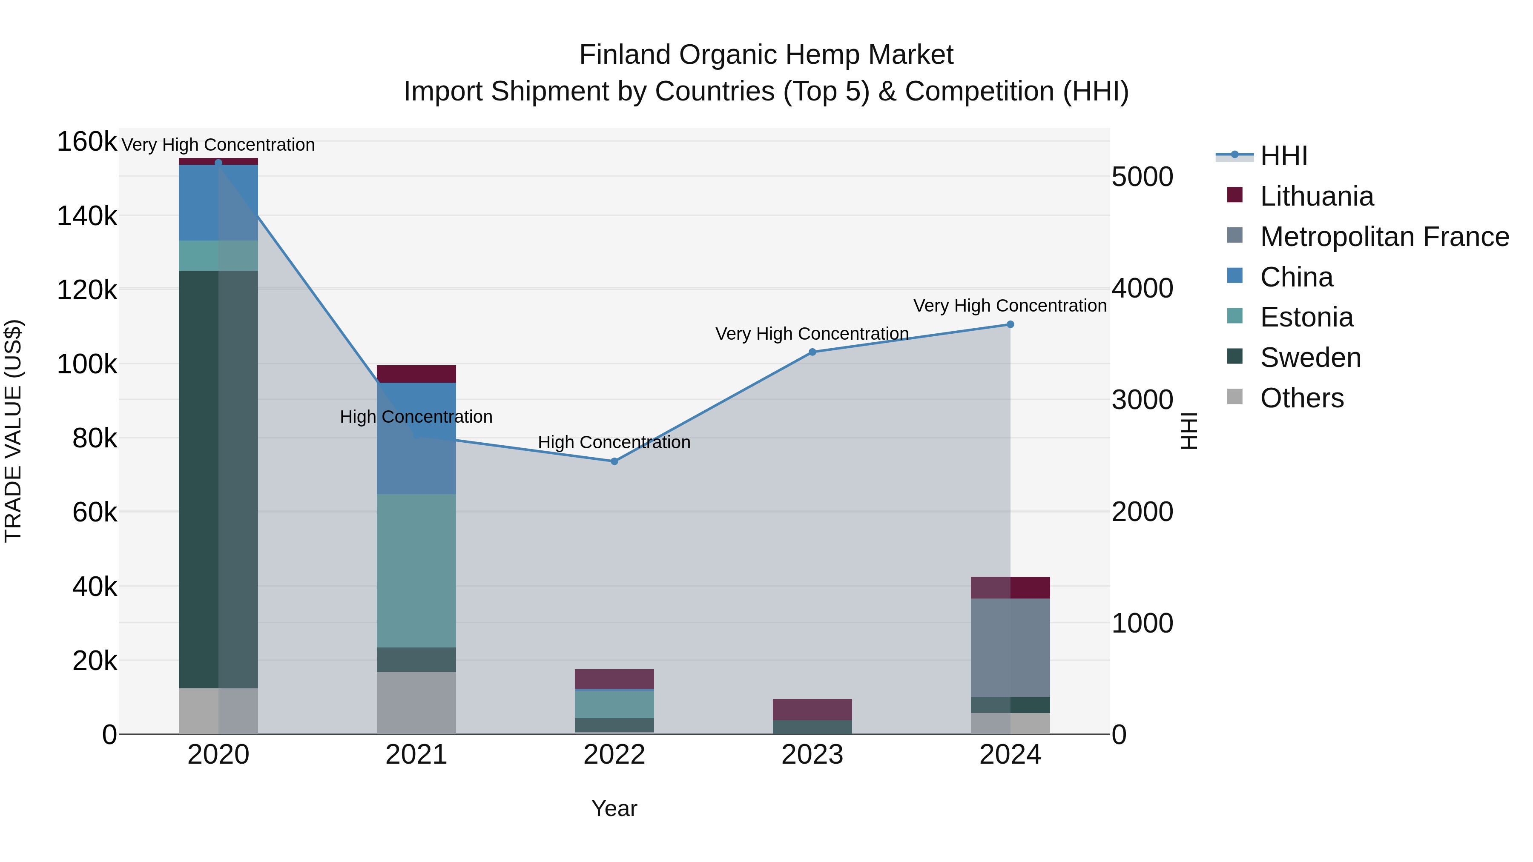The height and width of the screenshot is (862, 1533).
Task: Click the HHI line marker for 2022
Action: (614, 461)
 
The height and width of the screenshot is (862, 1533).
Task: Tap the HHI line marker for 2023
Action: (812, 352)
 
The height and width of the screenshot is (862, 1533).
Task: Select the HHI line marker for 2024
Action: (1010, 324)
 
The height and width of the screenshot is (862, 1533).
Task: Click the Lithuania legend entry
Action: (1316, 196)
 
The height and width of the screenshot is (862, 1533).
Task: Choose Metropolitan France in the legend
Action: (1384, 237)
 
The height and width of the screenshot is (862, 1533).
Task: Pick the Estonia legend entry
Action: (1306, 317)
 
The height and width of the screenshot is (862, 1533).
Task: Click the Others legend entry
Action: (1301, 398)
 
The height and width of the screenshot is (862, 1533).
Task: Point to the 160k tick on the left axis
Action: (87, 142)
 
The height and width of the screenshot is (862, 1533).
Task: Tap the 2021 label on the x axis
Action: (416, 755)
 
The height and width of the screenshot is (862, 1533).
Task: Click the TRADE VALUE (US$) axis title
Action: (13, 431)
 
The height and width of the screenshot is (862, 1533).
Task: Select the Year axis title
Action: (614, 808)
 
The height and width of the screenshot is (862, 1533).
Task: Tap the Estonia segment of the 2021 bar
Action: (416, 570)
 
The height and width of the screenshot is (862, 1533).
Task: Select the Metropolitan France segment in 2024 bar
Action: (1010, 647)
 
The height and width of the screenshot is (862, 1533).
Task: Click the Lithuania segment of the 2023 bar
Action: (812, 709)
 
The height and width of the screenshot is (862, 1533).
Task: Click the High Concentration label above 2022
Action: (614, 443)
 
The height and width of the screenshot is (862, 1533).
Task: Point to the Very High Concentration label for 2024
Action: (1010, 306)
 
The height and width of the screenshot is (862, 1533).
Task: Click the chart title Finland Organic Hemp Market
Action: (766, 55)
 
